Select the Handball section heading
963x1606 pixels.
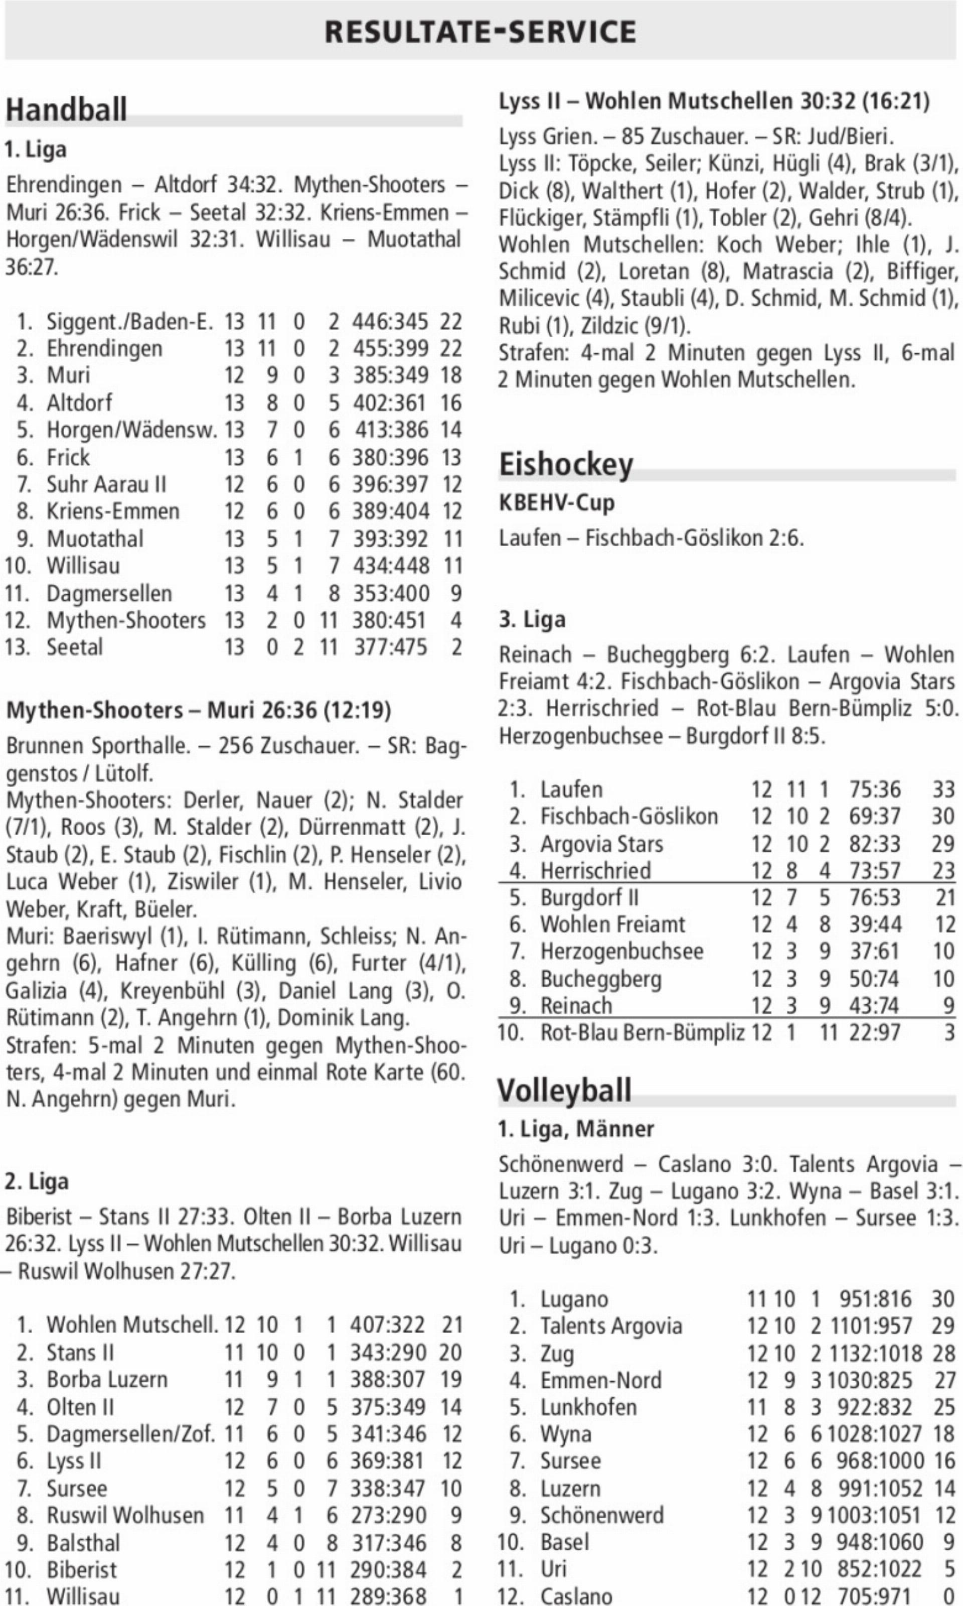[x=66, y=109]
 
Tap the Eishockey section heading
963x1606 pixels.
[x=565, y=465]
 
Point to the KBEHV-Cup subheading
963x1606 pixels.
[x=556, y=502]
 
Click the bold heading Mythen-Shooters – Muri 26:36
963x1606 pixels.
[x=198, y=710]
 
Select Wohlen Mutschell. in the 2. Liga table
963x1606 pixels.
[x=132, y=1324]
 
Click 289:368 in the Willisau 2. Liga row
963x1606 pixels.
[x=388, y=1595]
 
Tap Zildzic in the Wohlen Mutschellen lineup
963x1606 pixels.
[x=609, y=325]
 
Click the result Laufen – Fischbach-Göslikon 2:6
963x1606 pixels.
[x=651, y=538]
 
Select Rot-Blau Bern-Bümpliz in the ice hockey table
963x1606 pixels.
[x=643, y=1032]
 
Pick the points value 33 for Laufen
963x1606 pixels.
[x=943, y=789]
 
